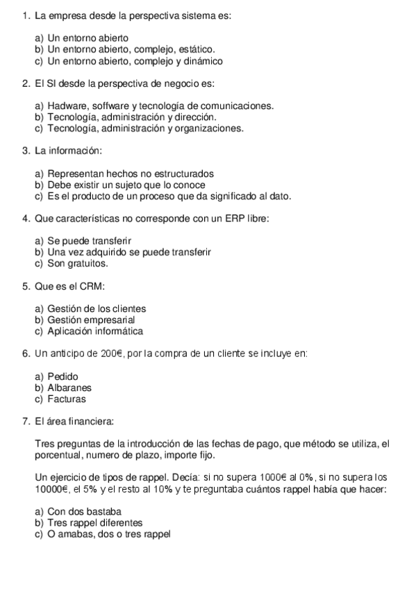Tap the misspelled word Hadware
67,106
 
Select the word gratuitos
88,264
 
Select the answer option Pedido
63,376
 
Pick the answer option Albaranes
69,388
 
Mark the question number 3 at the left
26,151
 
